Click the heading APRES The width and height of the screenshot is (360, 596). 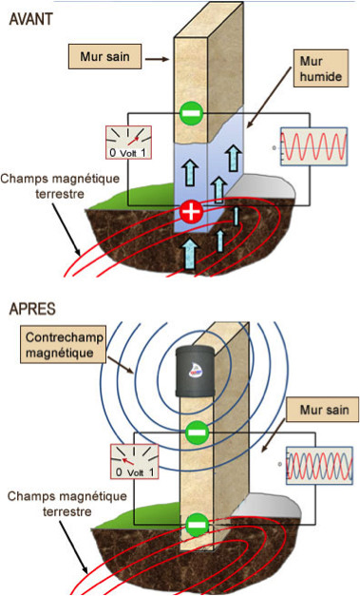coord(30,310)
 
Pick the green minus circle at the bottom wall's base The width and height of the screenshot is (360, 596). coord(197,523)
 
